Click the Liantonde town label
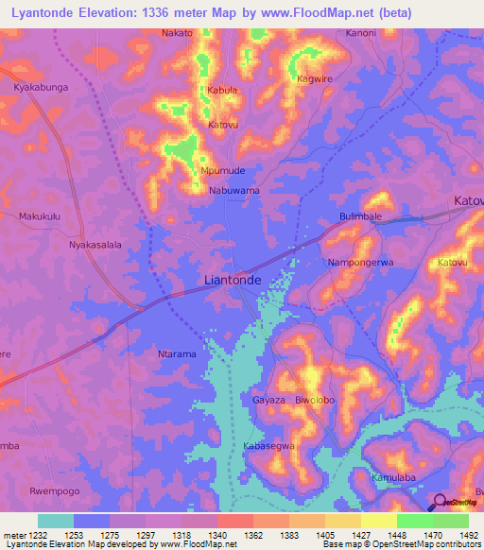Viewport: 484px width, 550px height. (x=233, y=281)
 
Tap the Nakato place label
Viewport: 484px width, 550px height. (x=178, y=33)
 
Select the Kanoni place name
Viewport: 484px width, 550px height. (x=360, y=33)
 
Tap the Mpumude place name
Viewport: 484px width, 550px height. (x=223, y=171)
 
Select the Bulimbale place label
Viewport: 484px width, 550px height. (x=360, y=216)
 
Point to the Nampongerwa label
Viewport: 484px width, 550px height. (x=359, y=262)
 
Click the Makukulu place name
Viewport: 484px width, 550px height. (x=40, y=216)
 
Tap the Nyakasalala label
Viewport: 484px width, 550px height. (x=95, y=244)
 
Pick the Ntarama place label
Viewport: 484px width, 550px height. (x=176, y=354)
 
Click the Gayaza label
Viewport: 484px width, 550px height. (x=268, y=400)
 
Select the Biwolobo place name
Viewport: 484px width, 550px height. (x=316, y=400)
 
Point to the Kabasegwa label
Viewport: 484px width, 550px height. (x=269, y=445)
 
